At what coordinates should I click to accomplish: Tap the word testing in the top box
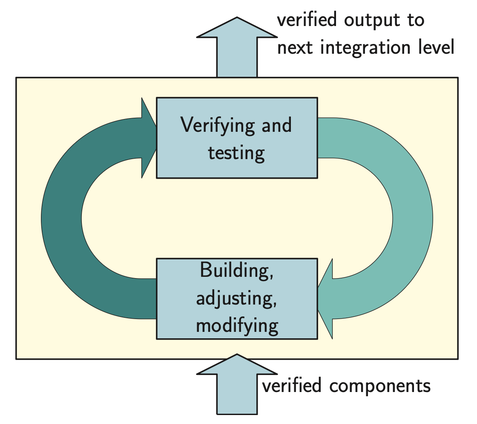(236, 153)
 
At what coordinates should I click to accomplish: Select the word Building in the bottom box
(236, 272)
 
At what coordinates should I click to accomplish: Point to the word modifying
(237, 325)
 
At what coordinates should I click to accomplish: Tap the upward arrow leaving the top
(237, 47)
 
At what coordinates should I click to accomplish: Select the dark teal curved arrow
(62, 218)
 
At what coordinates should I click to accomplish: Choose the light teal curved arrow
(412, 218)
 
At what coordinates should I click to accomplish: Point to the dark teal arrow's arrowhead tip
(156, 137)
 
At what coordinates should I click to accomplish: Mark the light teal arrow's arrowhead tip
(318, 298)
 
